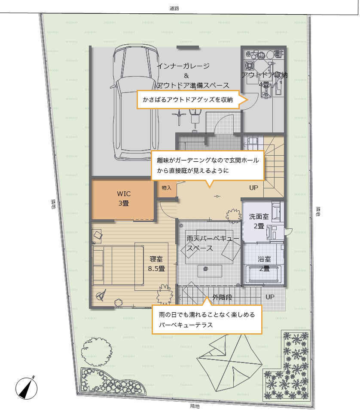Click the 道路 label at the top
[x=174, y=9]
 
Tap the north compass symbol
[x=27, y=388]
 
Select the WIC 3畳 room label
[x=123, y=199]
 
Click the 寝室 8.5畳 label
[x=156, y=264]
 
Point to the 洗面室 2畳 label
[x=259, y=221]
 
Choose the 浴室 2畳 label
[x=264, y=264]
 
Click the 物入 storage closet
[x=167, y=188]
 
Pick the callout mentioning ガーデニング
[x=208, y=166]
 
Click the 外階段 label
[x=222, y=297]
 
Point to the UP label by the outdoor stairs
[x=270, y=297]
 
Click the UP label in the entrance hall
[x=253, y=188]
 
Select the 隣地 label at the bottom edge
[x=195, y=406]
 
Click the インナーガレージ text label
[x=183, y=66]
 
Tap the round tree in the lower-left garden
[x=97, y=352]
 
